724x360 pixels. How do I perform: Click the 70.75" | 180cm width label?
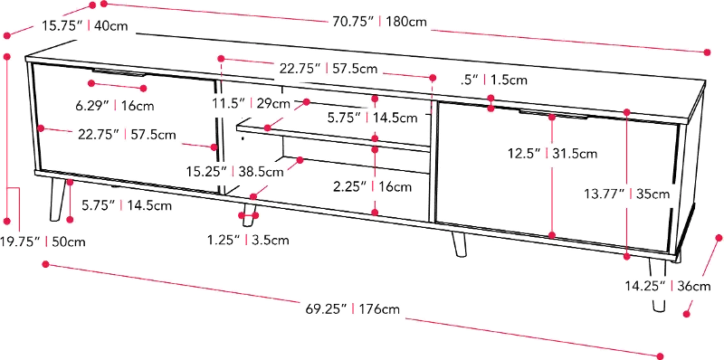coord(379,21)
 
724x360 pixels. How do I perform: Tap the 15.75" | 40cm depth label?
coord(85,25)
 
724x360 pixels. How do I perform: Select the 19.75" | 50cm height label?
coord(43,242)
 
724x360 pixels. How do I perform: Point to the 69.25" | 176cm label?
coord(352,308)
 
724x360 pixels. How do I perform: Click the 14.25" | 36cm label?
coord(668,286)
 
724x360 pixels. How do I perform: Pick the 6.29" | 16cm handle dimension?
coord(115,105)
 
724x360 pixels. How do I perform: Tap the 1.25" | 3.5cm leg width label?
coord(248,240)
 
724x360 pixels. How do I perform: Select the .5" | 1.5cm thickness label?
coord(493,80)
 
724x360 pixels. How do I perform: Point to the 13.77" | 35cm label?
coord(625,194)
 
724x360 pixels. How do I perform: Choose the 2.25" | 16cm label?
coord(372,187)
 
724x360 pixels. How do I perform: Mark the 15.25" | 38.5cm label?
coord(235,172)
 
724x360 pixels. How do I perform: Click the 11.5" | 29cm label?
coord(252,103)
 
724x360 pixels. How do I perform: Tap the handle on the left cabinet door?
coord(119,72)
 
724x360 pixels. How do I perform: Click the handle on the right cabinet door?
coord(553,114)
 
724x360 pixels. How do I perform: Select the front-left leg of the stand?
coord(57,199)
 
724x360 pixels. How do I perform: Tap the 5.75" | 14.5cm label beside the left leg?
coord(126,205)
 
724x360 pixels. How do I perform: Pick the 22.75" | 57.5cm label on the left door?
coord(127,135)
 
